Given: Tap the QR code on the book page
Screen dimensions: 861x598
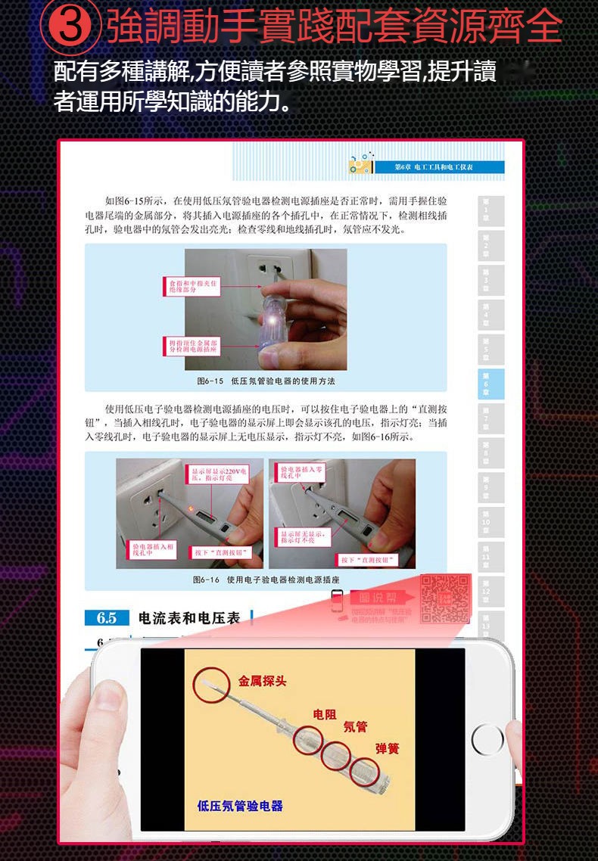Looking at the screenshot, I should click(445, 598).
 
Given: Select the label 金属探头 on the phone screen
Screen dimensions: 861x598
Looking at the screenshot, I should click(262, 681).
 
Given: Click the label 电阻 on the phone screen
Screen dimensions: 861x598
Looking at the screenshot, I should click(325, 714).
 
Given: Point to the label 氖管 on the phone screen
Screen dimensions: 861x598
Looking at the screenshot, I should click(355, 727).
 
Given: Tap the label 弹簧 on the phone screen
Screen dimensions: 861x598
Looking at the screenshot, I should click(388, 748).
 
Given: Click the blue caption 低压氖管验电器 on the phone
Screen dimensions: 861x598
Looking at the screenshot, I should click(240, 806).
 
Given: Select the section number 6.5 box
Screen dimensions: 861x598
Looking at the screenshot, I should click(107, 618).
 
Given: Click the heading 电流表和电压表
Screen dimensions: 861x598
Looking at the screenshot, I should click(189, 618).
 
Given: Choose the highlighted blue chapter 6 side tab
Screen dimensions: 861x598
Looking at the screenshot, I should click(485, 384).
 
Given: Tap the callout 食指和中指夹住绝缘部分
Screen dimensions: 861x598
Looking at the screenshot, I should click(192, 286).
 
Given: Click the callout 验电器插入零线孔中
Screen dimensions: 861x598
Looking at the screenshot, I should click(301, 471).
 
